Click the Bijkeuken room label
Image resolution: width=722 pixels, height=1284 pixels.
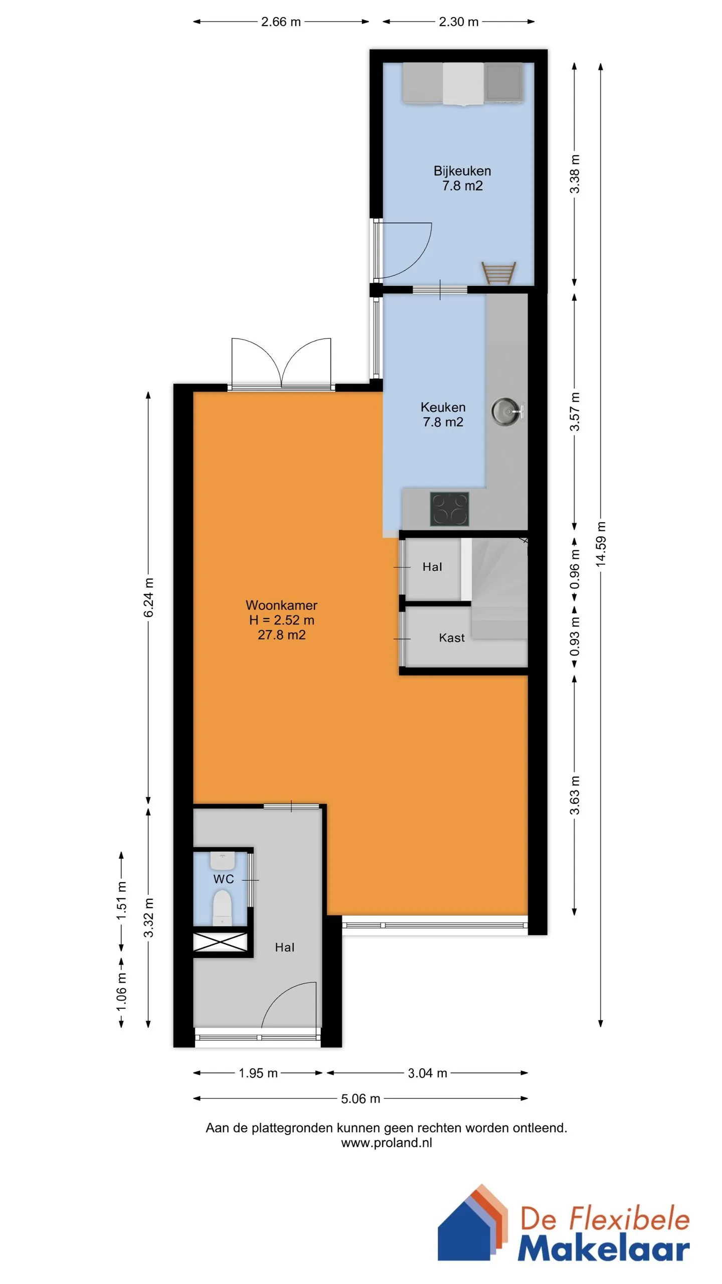tap(462, 171)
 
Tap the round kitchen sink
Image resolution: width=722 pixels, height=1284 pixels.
tap(506, 412)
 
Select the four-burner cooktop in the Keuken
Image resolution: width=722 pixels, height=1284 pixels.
tap(449, 509)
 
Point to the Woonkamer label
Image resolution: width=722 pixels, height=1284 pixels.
tap(281, 605)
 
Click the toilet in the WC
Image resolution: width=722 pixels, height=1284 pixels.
tap(222, 907)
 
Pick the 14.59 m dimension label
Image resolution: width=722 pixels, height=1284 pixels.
tap(601, 544)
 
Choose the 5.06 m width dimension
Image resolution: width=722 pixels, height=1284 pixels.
tap(360, 1098)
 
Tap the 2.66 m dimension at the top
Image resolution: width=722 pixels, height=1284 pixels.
tap(281, 22)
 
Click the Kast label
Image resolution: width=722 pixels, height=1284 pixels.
tap(452, 638)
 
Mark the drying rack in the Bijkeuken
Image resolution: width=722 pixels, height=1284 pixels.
tap(498, 272)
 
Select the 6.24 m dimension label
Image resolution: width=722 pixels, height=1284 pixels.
tap(148, 597)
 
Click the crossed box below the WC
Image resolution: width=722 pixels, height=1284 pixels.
tap(221, 942)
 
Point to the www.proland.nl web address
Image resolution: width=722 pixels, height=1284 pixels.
tap(387, 1143)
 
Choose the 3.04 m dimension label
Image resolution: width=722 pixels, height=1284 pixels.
tap(427, 1073)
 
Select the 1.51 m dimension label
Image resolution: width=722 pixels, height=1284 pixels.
tap(121, 901)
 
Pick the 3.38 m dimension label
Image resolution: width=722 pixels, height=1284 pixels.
tap(575, 174)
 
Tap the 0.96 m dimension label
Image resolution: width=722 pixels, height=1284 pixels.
tap(575, 569)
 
